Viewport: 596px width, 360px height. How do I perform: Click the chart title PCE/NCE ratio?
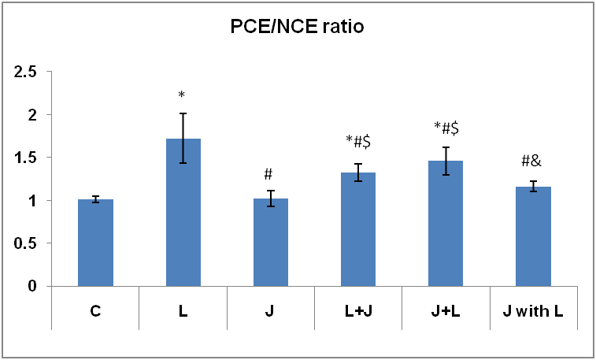click(298, 29)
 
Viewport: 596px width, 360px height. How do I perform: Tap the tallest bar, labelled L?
click(183, 213)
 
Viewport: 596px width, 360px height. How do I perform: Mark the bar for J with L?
click(532, 236)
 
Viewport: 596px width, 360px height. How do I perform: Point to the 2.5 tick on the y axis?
click(29, 72)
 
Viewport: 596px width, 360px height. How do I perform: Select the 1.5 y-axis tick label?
click(29, 158)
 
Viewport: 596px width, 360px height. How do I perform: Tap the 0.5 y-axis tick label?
click(29, 243)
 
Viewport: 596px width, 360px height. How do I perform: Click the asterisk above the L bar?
click(182, 96)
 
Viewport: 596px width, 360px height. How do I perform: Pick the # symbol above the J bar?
click(269, 174)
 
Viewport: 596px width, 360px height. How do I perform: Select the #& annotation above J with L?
click(532, 163)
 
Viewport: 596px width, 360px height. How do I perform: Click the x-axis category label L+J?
click(357, 313)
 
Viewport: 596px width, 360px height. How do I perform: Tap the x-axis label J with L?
click(532, 313)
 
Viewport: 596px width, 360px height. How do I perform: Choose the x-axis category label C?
click(95, 313)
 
